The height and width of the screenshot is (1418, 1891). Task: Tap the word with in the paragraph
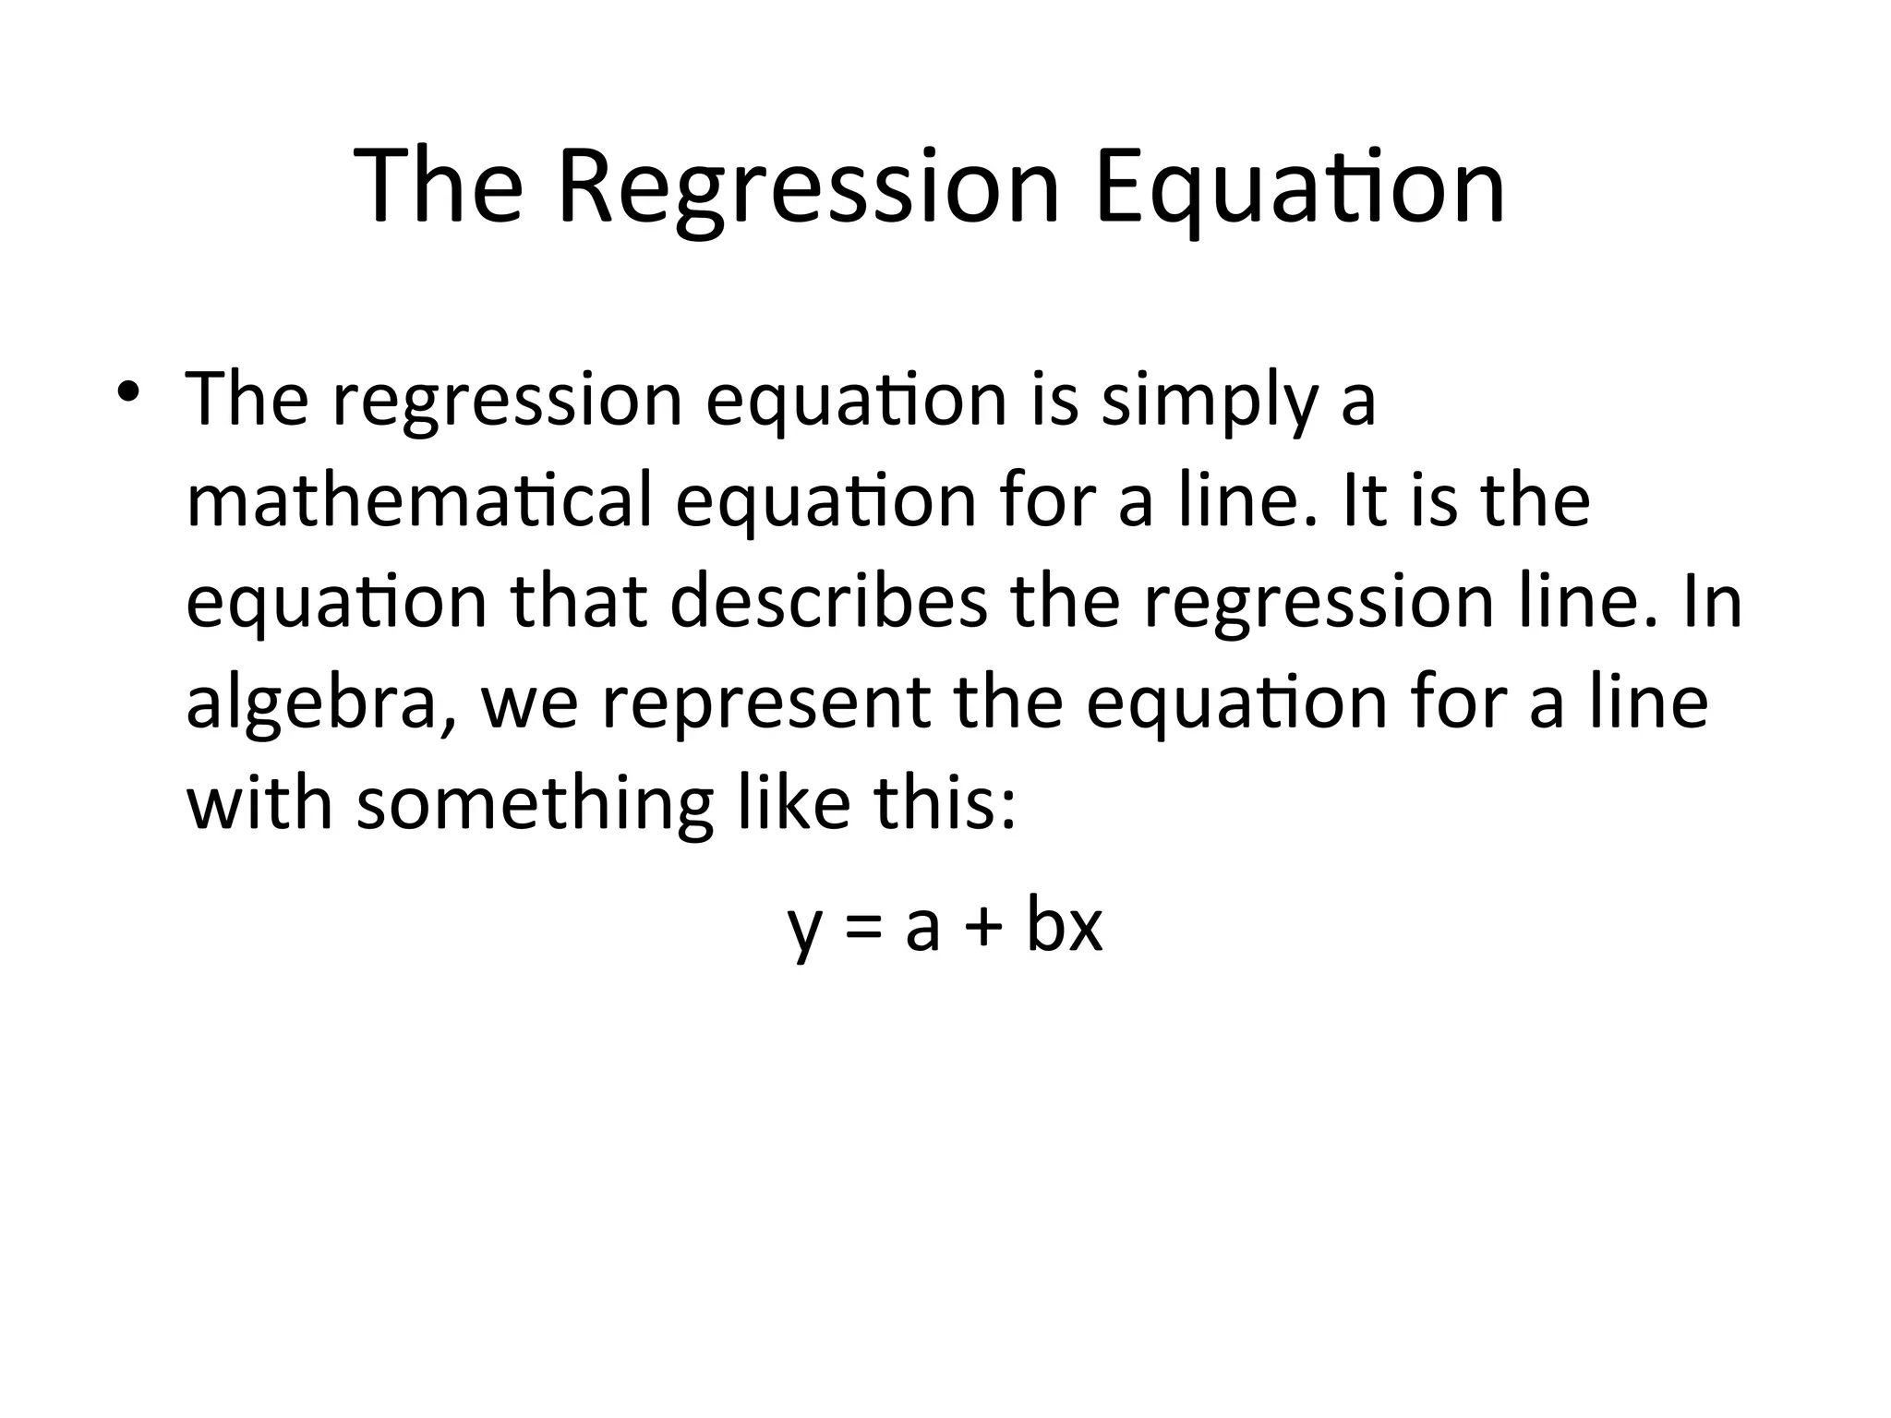click(x=259, y=801)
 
